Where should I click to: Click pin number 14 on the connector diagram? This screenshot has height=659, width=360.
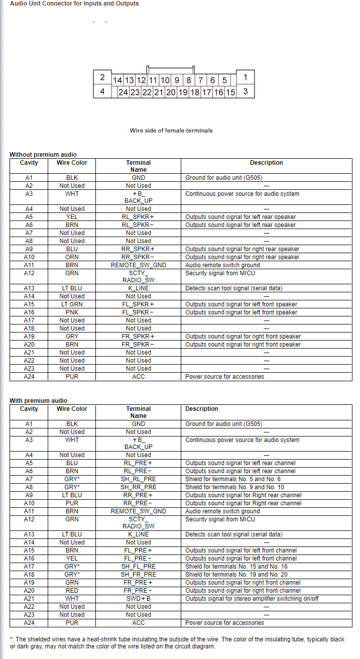tap(117, 80)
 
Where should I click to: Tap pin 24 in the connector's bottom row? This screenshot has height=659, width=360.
tap(123, 92)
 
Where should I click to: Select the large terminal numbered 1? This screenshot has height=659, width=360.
tap(245, 77)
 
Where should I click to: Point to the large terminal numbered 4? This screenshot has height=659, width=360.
tap(102, 91)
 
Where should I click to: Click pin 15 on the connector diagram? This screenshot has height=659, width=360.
tap(230, 92)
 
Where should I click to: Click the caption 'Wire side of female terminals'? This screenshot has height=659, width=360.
tap(171, 131)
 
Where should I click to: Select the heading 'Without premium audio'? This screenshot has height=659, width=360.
tap(43, 155)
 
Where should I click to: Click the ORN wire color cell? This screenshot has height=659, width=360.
tap(72, 257)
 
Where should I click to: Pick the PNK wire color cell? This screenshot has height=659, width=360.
tap(72, 312)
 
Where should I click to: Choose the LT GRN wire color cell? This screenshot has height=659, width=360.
tap(72, 304)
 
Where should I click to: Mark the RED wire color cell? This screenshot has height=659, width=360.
tap(72, 591)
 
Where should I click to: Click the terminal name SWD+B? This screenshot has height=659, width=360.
tap(139, 599)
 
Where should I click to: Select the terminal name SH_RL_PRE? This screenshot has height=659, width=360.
tap(139, 479)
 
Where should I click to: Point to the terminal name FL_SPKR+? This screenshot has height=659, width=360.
tap(139, 304)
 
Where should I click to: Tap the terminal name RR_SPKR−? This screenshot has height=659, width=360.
tap(139, 257)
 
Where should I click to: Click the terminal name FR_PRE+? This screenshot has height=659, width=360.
tap(139, 583)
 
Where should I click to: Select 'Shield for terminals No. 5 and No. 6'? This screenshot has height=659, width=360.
tap(233, 479)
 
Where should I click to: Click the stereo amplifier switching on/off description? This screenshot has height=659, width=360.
tap(252, 599)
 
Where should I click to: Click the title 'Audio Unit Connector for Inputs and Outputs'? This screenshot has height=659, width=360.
tap(74, 4)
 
